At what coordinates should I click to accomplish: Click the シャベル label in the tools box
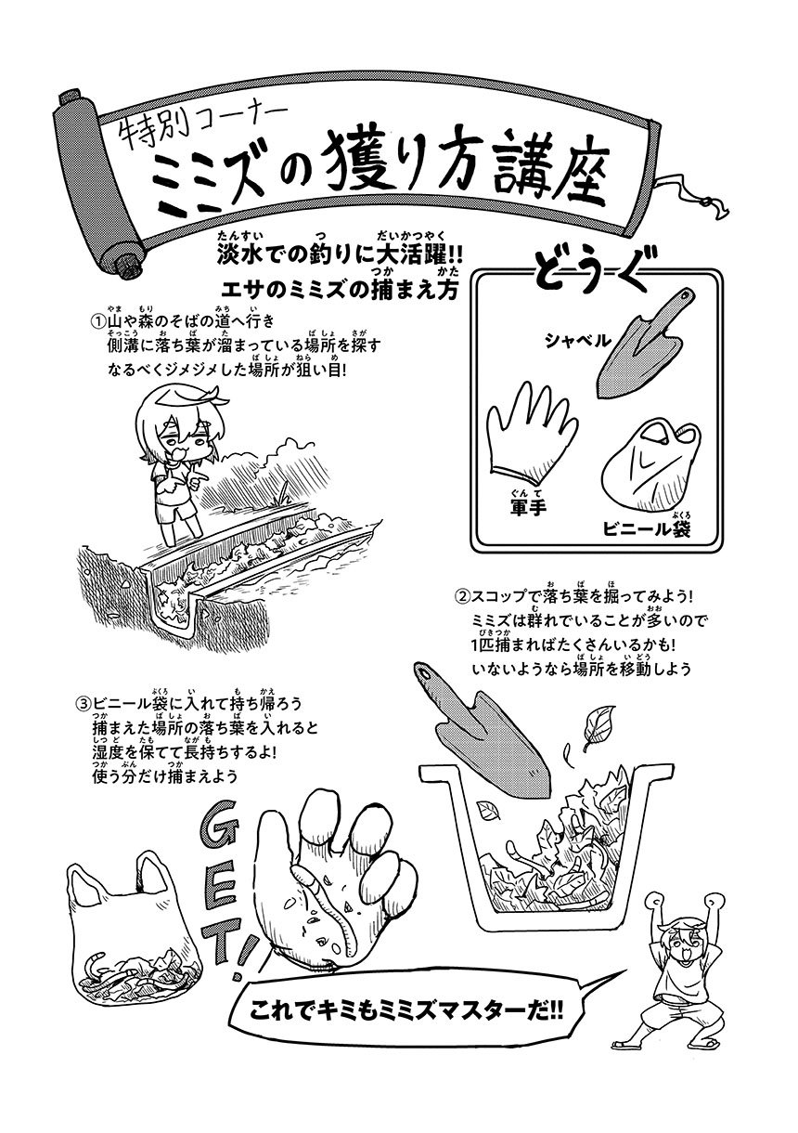(x=577, y=341)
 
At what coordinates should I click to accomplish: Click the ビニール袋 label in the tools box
(x=647, y=529)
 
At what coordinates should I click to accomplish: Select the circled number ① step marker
(x=97, y=321)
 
